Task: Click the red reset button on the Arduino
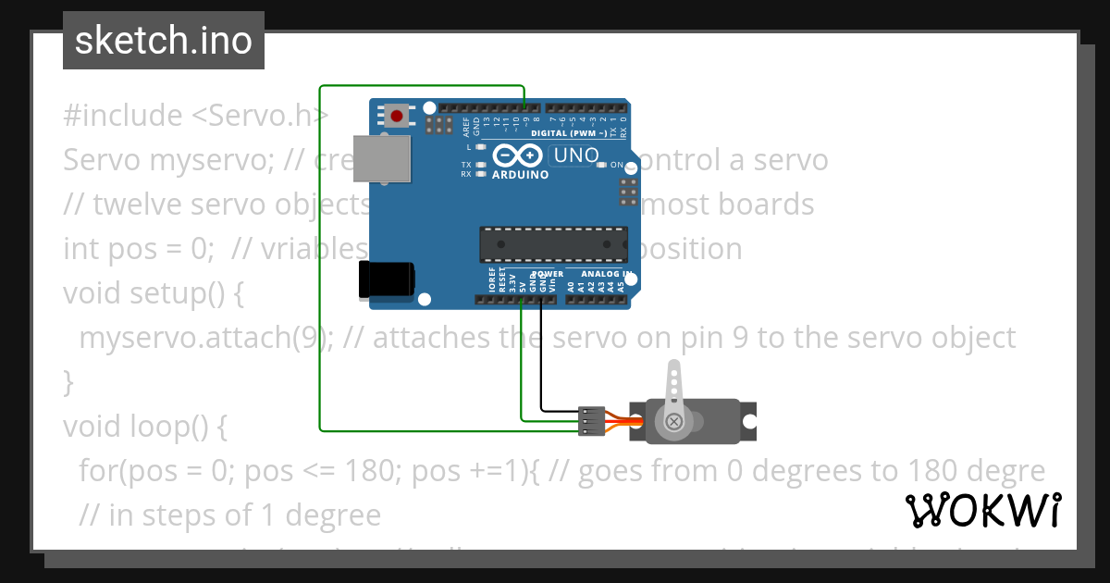click(x=397, y=116)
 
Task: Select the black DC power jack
click(x=387, y=279)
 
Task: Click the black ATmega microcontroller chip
click(x=554, y=243)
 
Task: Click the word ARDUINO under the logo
click(x=520, y=174)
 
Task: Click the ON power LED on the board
click(x=602, y=165)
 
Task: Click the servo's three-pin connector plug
click(x=590, y=421)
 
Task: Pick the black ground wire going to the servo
click(x=542, y=361)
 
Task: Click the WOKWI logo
click(x=983, y=510)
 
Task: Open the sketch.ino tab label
click(x=164, y=41)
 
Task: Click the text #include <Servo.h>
click(x=196, y=116)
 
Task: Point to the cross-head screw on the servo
click(x=674, y=422)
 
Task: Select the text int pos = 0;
click(x=140, y=249)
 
